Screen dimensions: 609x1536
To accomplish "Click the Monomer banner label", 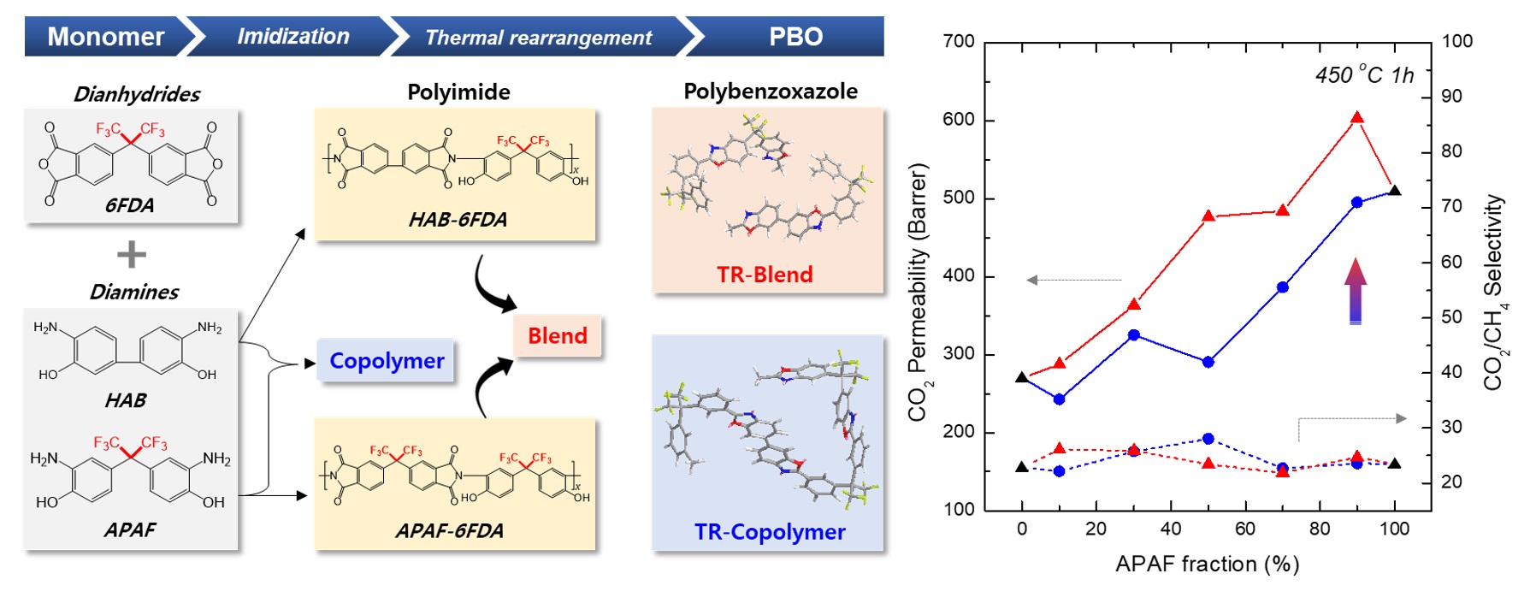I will pyautogui.click(x=105, y=37).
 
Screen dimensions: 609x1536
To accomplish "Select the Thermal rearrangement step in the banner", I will pyautogui.click(x=538, y=38).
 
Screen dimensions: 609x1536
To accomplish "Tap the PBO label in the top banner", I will pyautogui.click(x=795, y=37).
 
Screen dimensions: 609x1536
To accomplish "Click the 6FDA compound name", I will pyautogui.click(x=130, y=205).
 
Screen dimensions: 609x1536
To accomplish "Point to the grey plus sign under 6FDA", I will pyautogui.click(x=131, y=254).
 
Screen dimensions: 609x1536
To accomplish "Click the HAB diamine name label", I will pyautogui.click(x=126, y=400).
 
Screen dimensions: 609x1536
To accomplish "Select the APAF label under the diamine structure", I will pyautogui.click(x=130, y=529).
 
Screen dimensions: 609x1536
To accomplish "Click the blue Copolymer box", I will pyautogui.click(x=387, y=361).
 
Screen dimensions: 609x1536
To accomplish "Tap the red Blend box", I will pyautogui.click(x=558, y=335).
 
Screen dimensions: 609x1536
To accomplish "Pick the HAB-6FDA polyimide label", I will pyautogui.click(x=458, y=220).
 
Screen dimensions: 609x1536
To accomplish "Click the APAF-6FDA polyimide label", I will pyautogui.click(x=449, y=531).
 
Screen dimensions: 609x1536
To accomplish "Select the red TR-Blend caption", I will pyautogui.click(x=765, y=275).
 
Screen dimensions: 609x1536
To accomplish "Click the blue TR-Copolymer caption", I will pyautogui.click(x=770, y=532).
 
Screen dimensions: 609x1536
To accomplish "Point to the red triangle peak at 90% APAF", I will pyautogui.click(x=1357, y=118).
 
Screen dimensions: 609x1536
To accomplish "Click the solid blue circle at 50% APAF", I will pyautogui.click(x=1208, y=362).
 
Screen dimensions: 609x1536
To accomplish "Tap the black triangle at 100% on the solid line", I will pyautogui.click(x=1395, y=191).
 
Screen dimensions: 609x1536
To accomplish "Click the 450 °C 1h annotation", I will pyautogui.click(x=1364, y=76).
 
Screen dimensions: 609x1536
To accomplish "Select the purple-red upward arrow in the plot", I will pyautogui.click(x=1356, y=291).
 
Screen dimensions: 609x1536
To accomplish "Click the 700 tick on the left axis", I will pyautogui.click(x=959, y=41).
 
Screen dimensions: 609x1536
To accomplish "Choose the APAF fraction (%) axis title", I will pyautogui.click(x=1207, y=564).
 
